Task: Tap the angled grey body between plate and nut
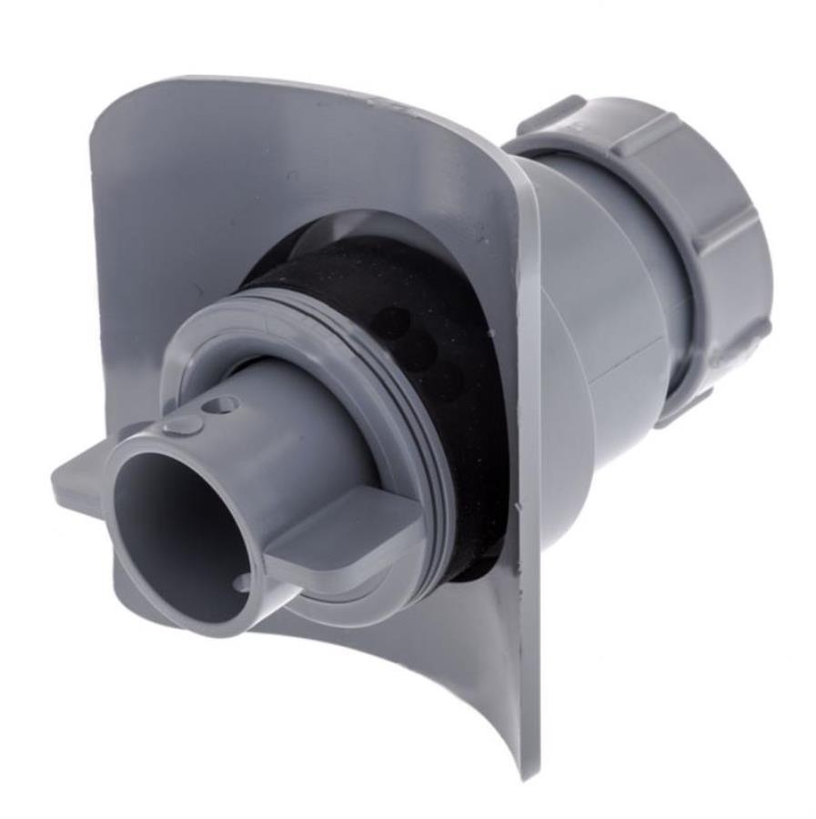[x=591, y=300]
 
